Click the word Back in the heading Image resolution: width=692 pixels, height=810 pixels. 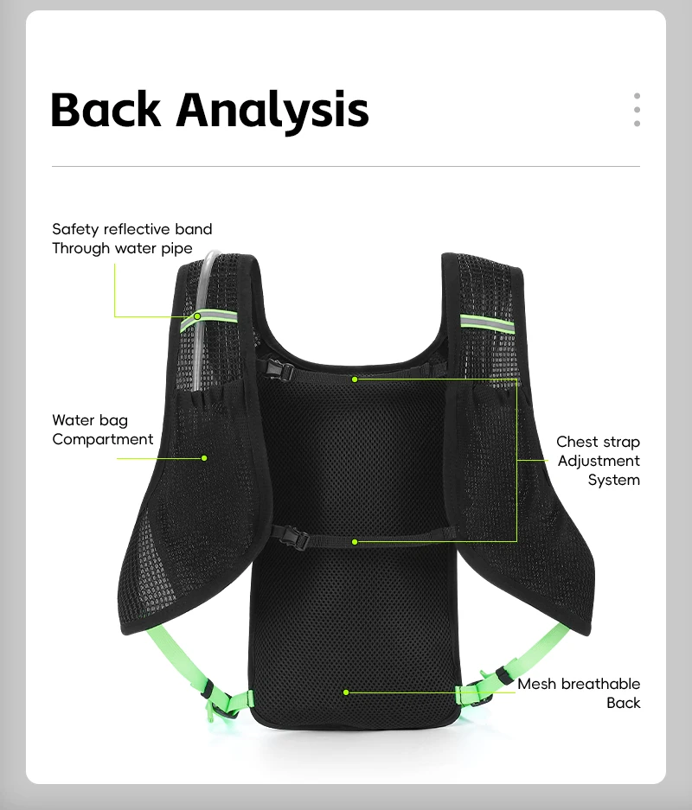(x=106, y=110)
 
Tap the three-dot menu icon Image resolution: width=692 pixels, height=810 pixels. (x=637, y=110)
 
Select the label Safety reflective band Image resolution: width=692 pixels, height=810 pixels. (x=131, y=229)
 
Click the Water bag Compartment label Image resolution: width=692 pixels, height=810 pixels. (x=102, y=430)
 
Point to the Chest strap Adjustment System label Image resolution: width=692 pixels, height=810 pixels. (x=599, y=461)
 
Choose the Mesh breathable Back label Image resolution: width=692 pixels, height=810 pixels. (x=580, y=692)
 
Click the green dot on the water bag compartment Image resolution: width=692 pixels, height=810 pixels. (x=205, y=457)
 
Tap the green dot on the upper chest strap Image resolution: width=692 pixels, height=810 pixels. (x=355, y=379)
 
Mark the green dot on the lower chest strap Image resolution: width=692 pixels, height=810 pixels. (x=355, y=541)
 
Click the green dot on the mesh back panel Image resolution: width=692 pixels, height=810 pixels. (x=345, y=692)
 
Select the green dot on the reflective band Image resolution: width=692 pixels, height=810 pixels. (x=197, y=316)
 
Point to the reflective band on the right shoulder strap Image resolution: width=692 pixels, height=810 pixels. (x=486, y=322)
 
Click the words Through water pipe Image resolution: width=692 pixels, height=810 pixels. (x=122, y=248)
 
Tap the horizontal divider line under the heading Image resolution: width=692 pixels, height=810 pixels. (x=346, y=166)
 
